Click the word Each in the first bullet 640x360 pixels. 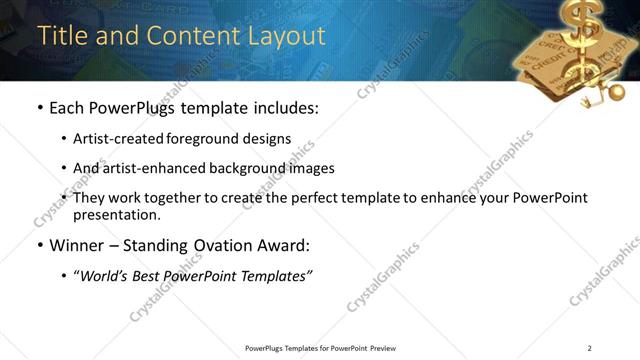click(67, 107)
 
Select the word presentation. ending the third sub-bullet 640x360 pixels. click(117, 215)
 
